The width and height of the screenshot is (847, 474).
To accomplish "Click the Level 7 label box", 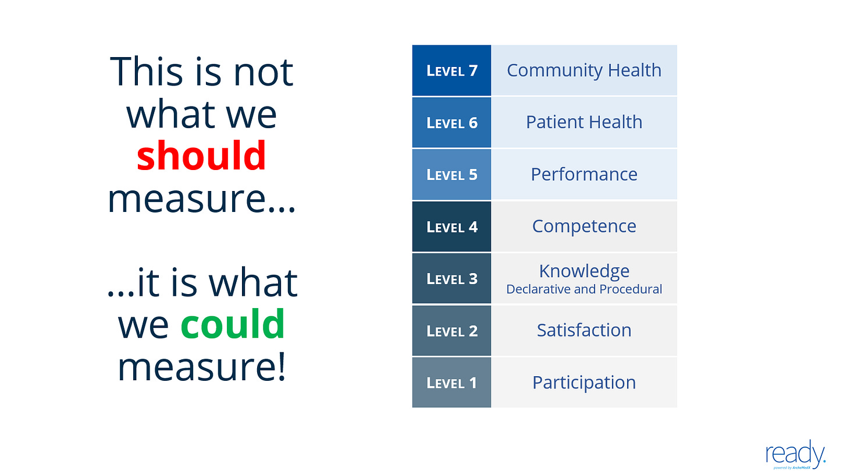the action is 451,70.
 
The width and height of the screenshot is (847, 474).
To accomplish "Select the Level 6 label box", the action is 451,122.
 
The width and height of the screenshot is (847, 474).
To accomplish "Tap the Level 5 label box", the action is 451,174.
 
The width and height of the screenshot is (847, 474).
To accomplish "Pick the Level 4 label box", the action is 451,227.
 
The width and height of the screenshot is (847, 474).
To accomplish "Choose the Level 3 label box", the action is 451,278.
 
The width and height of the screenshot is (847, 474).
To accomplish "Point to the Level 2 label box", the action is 451,331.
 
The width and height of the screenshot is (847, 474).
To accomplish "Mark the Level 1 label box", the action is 451,383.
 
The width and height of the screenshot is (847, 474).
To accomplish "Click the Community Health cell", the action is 584,70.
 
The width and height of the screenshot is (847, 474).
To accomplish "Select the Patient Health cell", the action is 584,122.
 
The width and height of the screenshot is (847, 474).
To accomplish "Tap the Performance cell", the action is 584,174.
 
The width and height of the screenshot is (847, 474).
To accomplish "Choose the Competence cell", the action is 584,227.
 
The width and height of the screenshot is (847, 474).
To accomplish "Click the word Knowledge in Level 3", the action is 584,271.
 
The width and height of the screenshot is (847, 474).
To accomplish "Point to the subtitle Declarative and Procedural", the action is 584,289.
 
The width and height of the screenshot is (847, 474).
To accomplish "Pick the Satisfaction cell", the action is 584,331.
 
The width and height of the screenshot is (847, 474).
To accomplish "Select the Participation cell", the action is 584,383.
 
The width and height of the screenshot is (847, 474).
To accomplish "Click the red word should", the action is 201,155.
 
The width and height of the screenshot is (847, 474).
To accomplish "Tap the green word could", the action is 233,324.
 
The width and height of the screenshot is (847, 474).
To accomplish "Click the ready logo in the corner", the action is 796,454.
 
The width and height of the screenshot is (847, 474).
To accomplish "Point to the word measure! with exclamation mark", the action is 201,367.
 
